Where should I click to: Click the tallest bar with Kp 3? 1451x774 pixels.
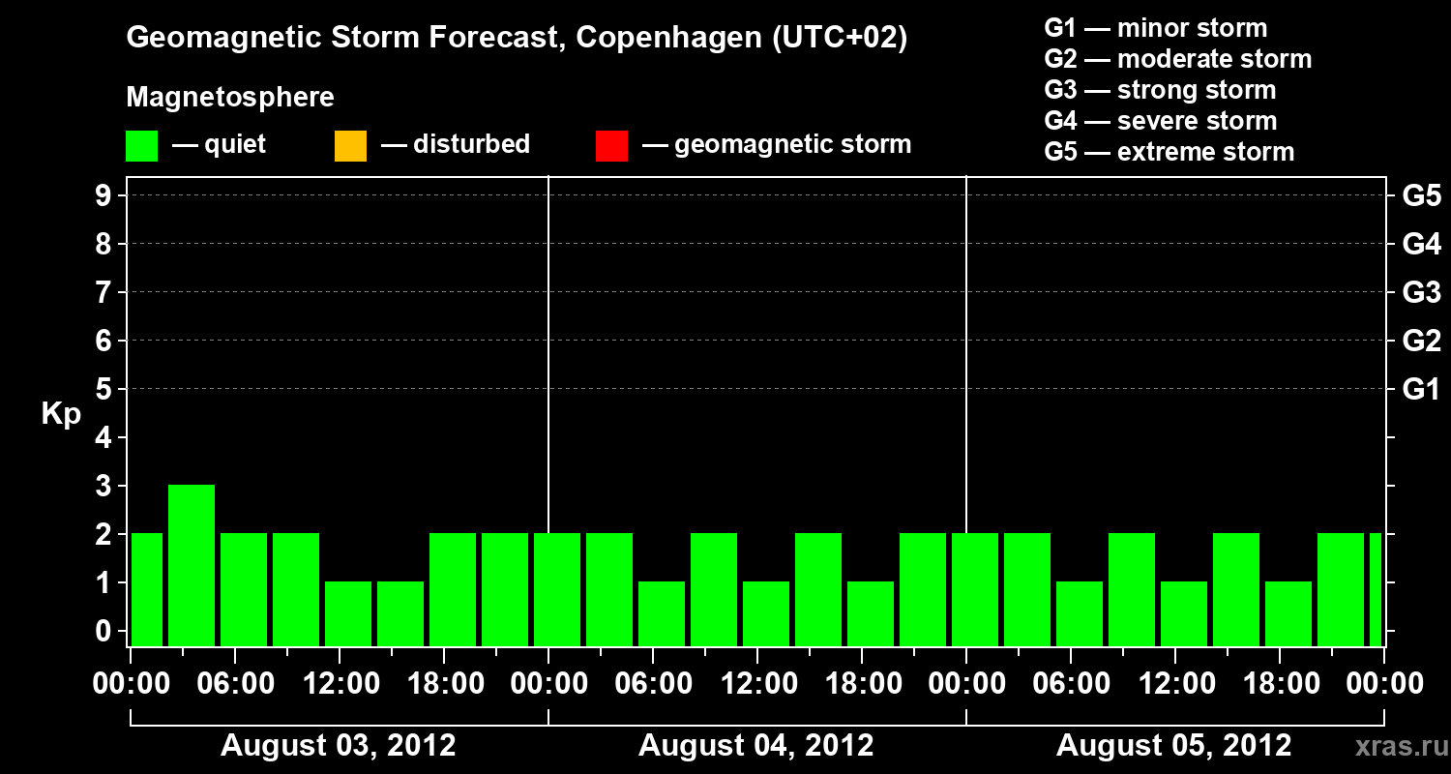click(x=192, y=565)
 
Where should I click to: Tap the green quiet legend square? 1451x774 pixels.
click(x=141, y=146)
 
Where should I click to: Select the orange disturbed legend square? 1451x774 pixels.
click(x=350, y=146)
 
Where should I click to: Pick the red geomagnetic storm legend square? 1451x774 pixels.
click(x=611, y=146)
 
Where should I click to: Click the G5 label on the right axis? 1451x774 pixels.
click(x=1421, y=196)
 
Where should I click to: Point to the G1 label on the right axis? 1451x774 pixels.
click(x=1421, y=390)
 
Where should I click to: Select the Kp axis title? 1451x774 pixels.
click(x=61, y=414)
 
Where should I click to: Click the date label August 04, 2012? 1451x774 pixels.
click(x=755, y=746)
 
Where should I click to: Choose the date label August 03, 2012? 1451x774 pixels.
click(x=339, y=746)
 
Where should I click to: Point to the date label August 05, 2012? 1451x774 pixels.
click(x=1173, y=746)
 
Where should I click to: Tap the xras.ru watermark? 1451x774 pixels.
click(x=1395, y=746)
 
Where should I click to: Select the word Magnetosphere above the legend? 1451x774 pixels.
click(x=230, y=98)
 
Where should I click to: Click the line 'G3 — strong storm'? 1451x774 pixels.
click(x=1160, y=90)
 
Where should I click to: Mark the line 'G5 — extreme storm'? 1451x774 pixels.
click(x=1169, y=152)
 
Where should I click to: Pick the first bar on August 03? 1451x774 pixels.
click(x=147, y=589)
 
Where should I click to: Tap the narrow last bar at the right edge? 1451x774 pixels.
click(x=1376, y=589)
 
